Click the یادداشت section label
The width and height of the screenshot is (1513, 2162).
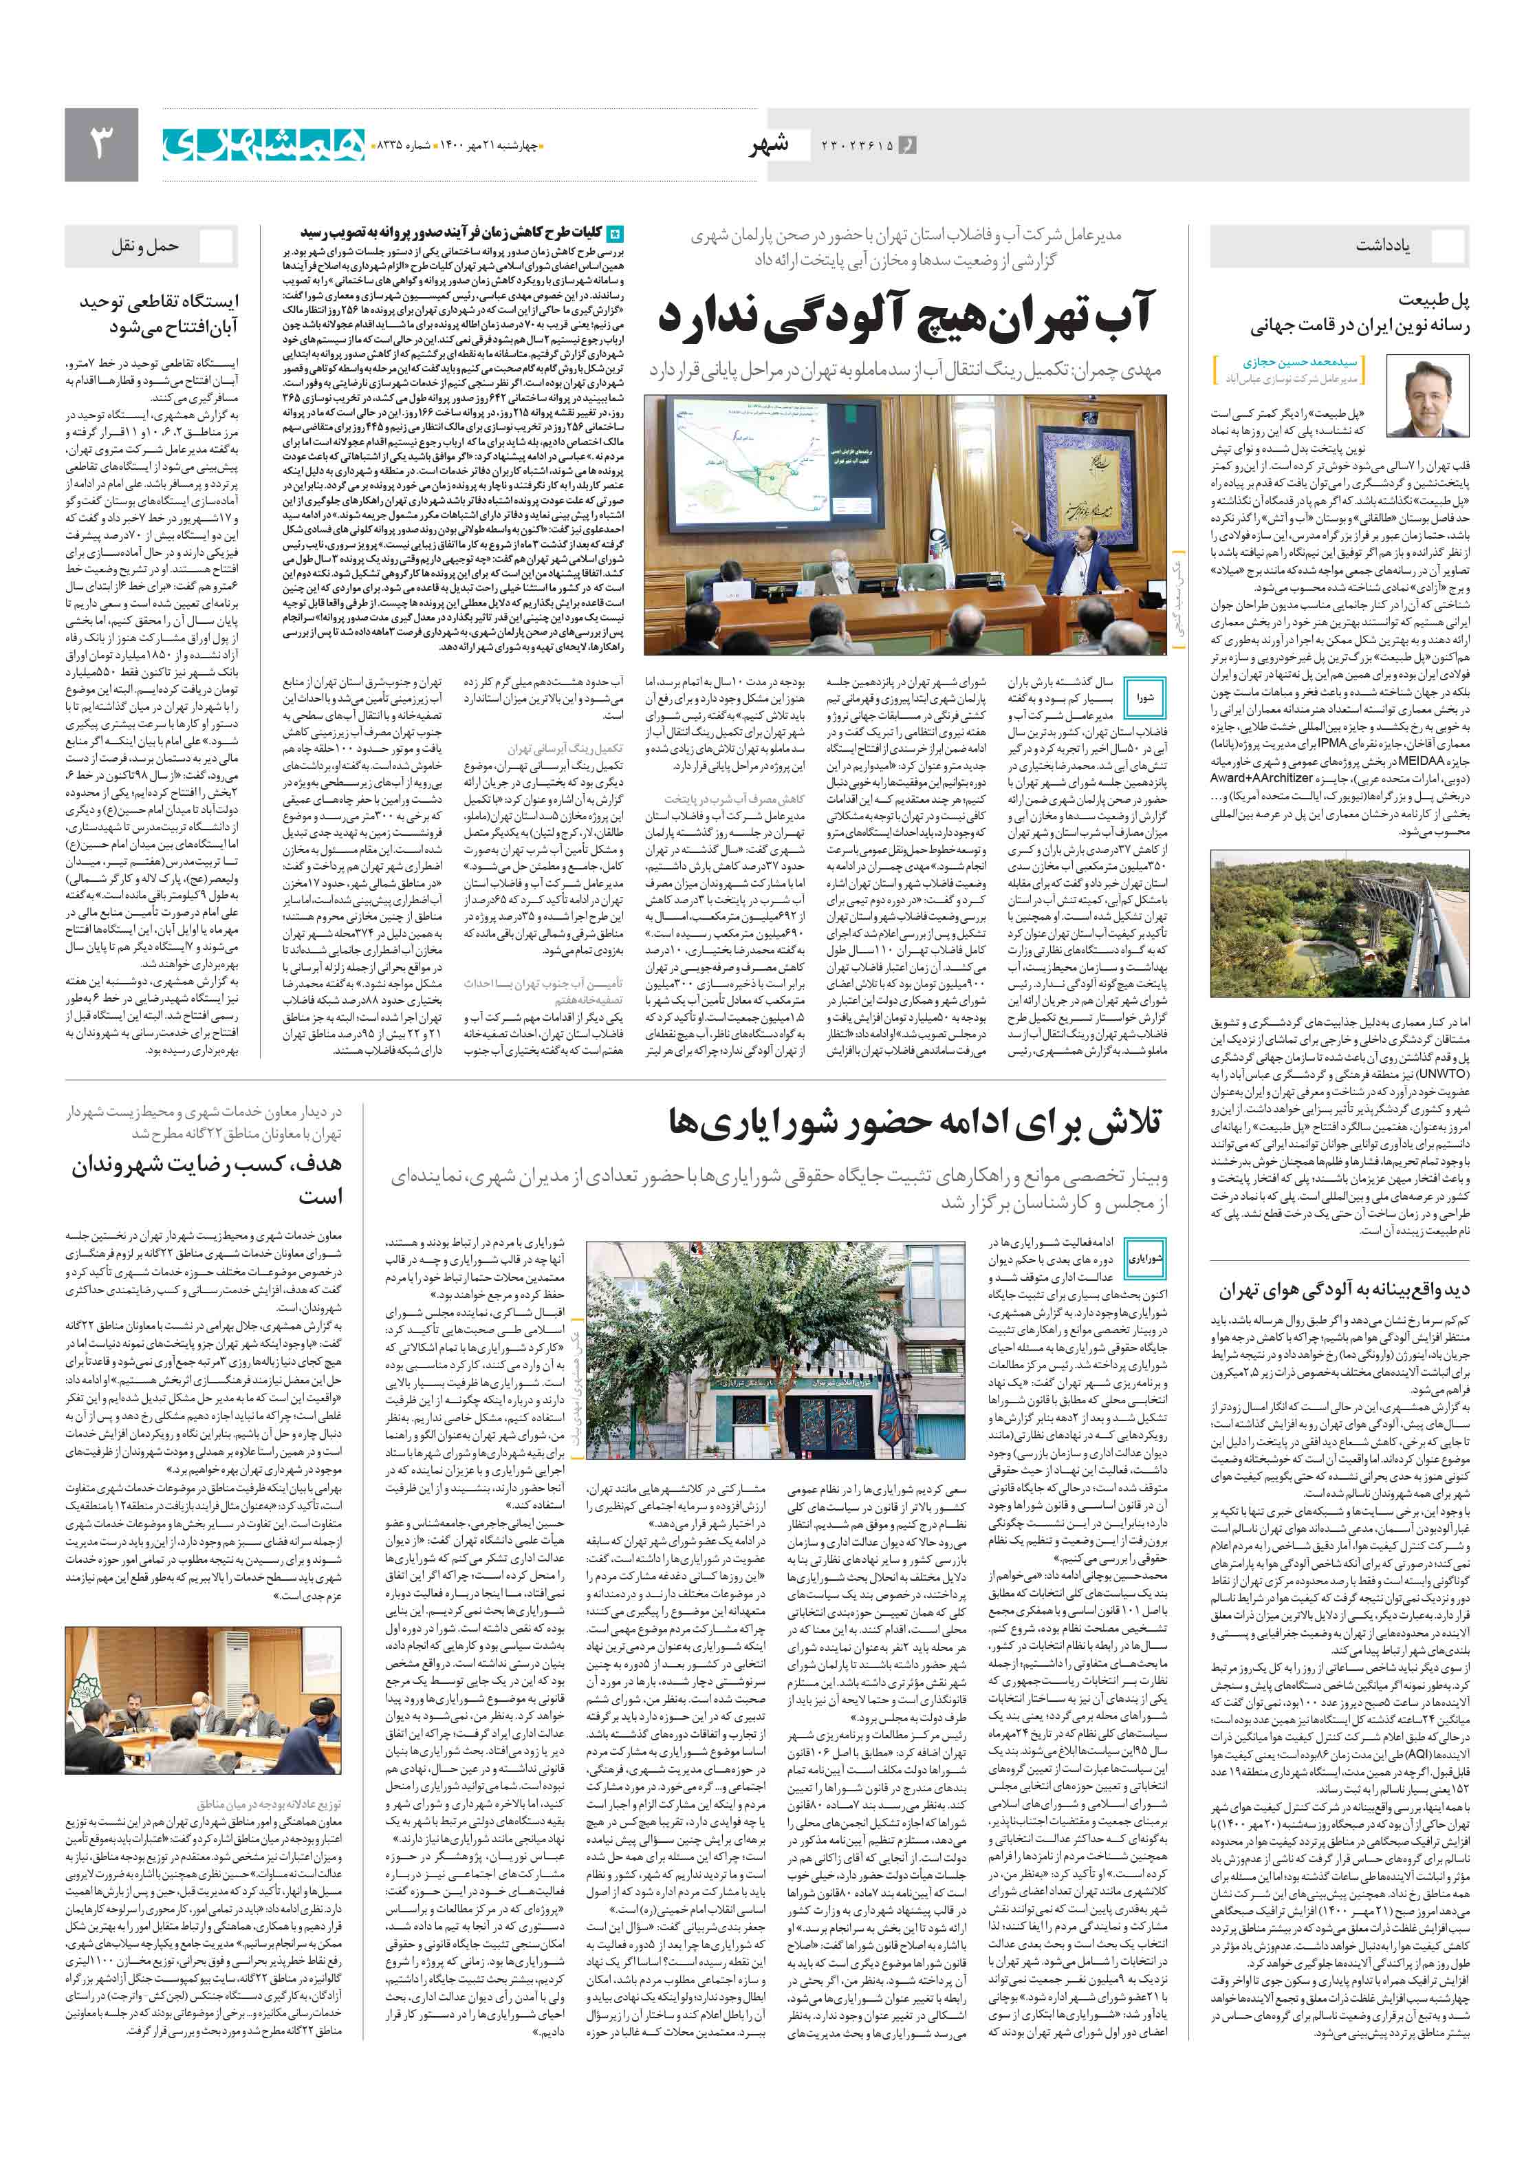point(1382,246)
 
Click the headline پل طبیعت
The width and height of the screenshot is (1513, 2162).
point(1433,301)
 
